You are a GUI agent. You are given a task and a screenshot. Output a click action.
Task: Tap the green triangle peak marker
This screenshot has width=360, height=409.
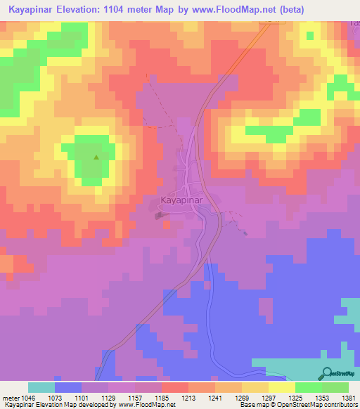(96, 157)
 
